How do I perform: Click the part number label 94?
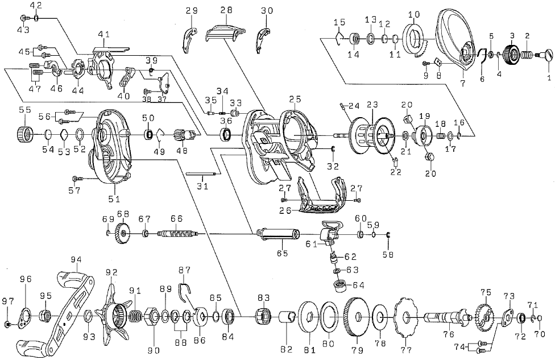pos(76,260)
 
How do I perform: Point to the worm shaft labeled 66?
pos(177,234)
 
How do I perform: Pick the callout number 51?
pos(114,198)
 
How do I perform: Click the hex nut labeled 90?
pos(154,316)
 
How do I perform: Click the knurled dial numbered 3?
pos(511,54)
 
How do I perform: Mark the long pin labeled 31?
pos(200,173)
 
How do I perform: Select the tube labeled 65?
pos(277,234)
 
